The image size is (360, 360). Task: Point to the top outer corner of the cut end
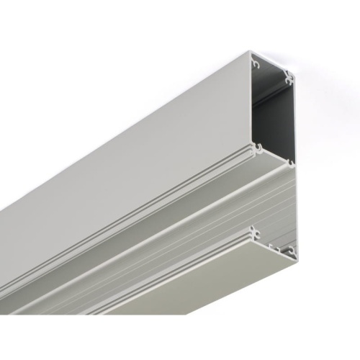(x=251, y=51)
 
